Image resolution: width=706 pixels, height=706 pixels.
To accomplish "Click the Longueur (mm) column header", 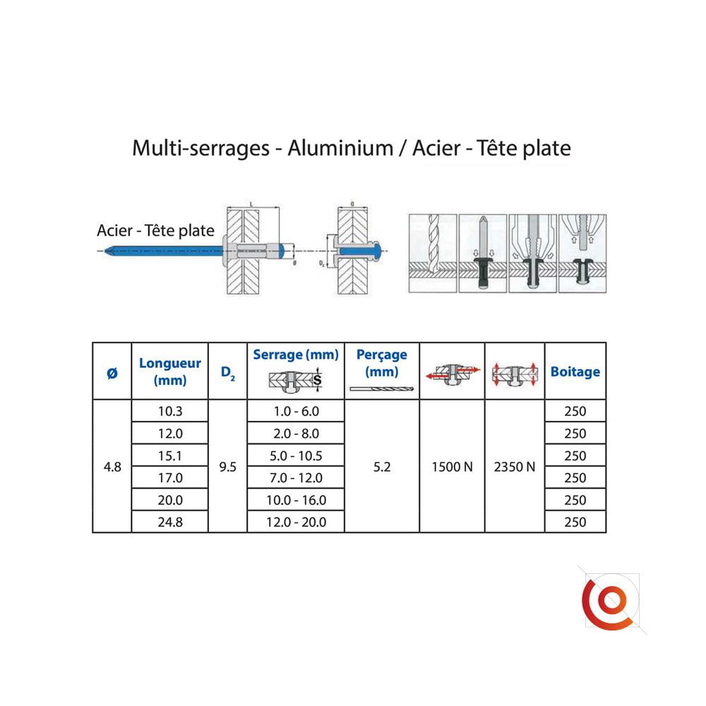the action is pyautogui.click(x=169, y=371).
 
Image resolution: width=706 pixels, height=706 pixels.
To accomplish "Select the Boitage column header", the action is pyautogui.click(x=575, y=372).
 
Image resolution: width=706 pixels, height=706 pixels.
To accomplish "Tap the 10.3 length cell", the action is pyautogui.click(x=169, y=411).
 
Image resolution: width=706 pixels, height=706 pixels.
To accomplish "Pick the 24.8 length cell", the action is pyautogui.click(x=169, y=522).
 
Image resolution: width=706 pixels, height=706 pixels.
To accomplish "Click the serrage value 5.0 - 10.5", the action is pyautogui.click(x=296, y=455).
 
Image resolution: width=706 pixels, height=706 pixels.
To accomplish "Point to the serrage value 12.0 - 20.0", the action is pyautogui.click(x=296, y=522).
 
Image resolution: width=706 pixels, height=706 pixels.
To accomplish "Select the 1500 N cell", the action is pyautogui.click(x=452, y=467).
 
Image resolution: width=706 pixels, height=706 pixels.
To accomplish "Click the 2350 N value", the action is pyautogui.click(x=515, y=467).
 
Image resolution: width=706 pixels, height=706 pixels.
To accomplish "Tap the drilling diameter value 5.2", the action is pyautogui.click(x=382, y=467).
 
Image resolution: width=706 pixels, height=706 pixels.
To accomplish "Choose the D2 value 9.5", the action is pyautogui.click(x=228, y=467).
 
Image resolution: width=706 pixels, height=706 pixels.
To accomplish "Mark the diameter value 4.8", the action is pyautogui.click(x=112, y=467).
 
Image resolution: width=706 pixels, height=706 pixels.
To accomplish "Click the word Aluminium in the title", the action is pyautogui.click(x=340, y=148).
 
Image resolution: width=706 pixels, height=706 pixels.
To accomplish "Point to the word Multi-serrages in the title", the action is pyautogui.click(x=201, y=148).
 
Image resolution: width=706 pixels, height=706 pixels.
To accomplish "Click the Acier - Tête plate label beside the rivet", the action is pyautogui.click(x=155, y=231).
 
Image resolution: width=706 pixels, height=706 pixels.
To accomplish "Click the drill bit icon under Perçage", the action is pyautogui.click(x=381, y=389).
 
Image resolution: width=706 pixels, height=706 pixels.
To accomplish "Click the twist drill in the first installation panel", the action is pyautogui.click(x=433, y=243).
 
